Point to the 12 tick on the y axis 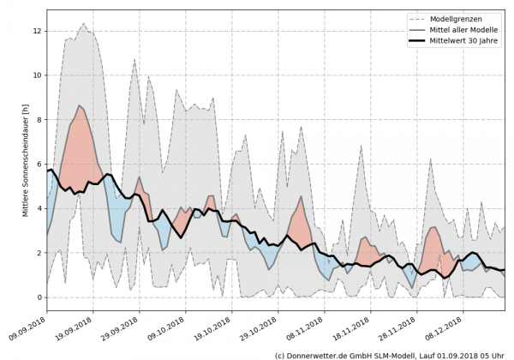tap(37, 31)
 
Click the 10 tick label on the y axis tap(37, 75)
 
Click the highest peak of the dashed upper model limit tap(83, 24)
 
